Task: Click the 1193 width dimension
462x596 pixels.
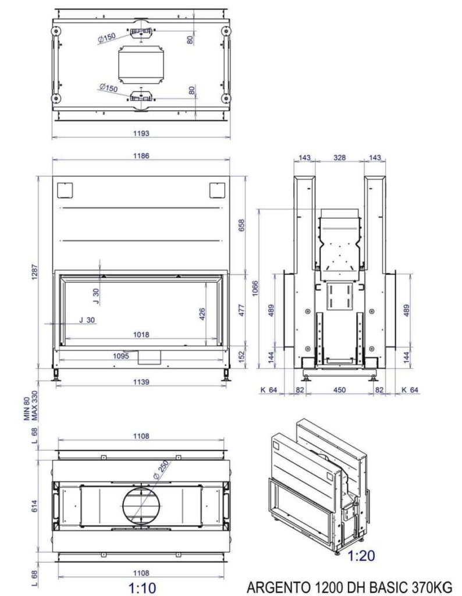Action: [141, 133]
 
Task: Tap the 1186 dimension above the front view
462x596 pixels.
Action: [141, 156]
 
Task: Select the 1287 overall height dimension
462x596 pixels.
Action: [35, 272]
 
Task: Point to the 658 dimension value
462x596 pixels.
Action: [241, 225]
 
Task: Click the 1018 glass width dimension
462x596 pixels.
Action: [141, 335]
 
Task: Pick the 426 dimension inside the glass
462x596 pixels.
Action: [202, 314]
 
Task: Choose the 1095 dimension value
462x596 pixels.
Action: [121, 356]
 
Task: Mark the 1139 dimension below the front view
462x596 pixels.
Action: [141, 382]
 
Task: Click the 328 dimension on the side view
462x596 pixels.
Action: [340, 157]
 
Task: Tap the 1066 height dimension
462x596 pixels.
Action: [255, 289]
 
